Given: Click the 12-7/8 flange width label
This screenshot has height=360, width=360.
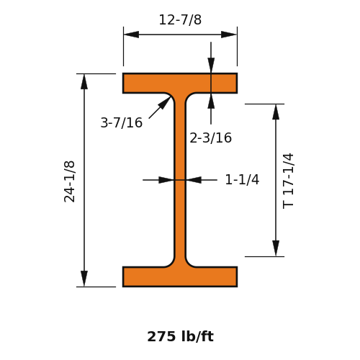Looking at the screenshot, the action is point(180,19).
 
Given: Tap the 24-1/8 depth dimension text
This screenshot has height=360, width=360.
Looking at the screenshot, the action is point(70,181).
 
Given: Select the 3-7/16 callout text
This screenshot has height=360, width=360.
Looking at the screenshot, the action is point(121,122).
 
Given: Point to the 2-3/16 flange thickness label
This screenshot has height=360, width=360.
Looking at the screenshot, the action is point(210,138).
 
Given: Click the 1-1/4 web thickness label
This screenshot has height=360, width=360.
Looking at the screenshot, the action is point(242,179).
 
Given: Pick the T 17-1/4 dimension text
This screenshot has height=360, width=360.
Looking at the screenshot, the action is point(288,181).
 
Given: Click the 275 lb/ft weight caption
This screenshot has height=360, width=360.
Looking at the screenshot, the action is point(180,336).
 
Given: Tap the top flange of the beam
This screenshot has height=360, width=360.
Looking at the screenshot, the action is point(180,83).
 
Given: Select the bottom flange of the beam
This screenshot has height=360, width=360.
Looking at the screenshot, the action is point(180,276).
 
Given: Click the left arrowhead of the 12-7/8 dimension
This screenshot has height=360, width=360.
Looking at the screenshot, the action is point(131,35).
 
